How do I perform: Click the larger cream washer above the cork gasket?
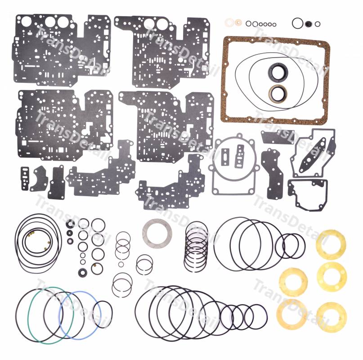click(x=229, y=22)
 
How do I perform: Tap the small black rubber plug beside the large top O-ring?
click(x=309, y=24)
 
